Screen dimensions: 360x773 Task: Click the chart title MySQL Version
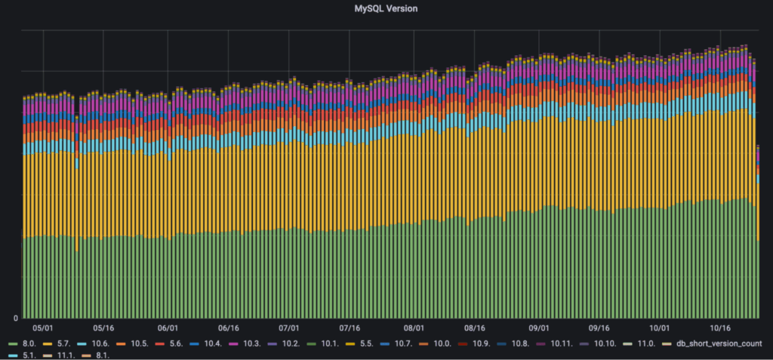[386, 8]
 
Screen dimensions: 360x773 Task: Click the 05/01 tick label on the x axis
[43, 328]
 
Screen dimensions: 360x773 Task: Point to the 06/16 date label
[228, 328]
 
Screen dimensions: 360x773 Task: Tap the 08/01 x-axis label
[414, 328]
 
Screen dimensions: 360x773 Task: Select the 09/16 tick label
[599, 328]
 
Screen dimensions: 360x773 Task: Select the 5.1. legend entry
[28, 355]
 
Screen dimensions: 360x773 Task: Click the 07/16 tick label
[351, 328]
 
